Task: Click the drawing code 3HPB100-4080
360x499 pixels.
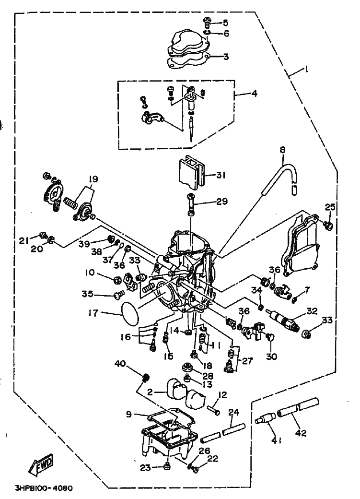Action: tap(44, 488)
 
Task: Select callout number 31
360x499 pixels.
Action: tap(221, 175)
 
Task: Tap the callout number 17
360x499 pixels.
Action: tap(94, 313)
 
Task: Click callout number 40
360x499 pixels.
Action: tap(120, 364)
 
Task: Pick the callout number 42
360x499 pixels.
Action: tap(301, 433)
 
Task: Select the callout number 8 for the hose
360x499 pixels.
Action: tap(283, 149)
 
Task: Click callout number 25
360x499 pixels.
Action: tap(330, 207)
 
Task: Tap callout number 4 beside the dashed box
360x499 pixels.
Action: tap(254, 94)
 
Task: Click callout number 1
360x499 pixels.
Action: tap(306, 69)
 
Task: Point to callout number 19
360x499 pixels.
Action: tap(93, 179)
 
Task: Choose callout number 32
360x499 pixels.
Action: tap(312, 311)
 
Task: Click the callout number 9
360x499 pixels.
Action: tap(128, 414)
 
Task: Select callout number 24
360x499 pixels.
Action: tap(233, 413)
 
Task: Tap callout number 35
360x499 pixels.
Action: tap(87, 294)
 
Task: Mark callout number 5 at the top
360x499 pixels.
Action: tap(225, 23)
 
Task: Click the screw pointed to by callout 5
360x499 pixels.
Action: tap(207, 22)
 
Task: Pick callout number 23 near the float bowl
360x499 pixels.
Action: tap(145, 467)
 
